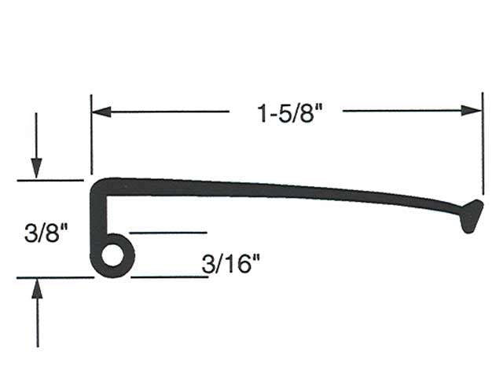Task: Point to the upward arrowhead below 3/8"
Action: click(36, 289)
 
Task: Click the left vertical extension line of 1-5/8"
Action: click(91, 141)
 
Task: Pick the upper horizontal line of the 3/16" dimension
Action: click(167, 232)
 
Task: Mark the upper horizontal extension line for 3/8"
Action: click(50, 181)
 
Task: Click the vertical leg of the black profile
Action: click(97, 220)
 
